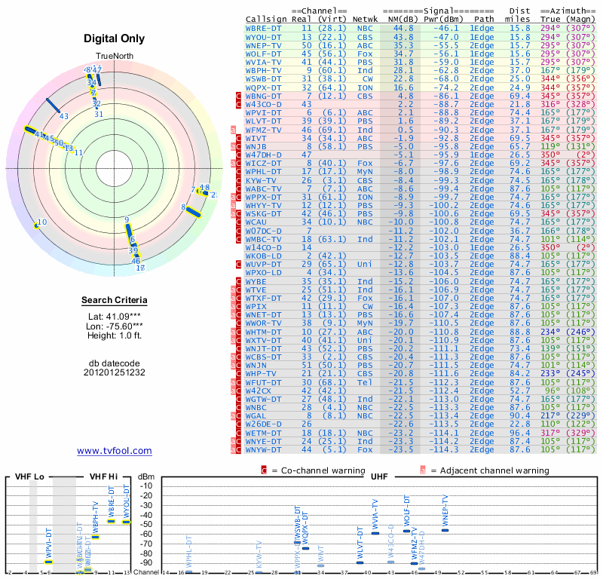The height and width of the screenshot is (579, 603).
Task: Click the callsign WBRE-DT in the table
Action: pyautogui.click(x=264, y=28)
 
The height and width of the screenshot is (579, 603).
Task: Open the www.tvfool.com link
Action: pyautogui.click(x=115, y=451)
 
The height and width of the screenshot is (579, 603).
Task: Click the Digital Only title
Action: pyautogui.click(x=115, y=38)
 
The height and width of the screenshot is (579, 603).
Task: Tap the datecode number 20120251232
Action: pyautogui.click(x=115, y=372)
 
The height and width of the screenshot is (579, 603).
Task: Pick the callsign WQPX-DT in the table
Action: pyautogui.click(x=264, y=87)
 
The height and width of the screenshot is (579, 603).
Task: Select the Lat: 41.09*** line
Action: pyautogui.click(x=115, y=316)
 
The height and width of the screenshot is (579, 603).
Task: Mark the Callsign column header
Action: pyautogui.click(x=266, y=18)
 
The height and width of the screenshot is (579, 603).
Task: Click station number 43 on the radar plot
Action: pyautogui.click(x=64, y=116)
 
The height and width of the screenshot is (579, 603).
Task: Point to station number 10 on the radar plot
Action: pyautogui.click(x=42, y=222)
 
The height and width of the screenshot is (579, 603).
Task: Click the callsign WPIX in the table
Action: pyautogui.click(x=257, y=307)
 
